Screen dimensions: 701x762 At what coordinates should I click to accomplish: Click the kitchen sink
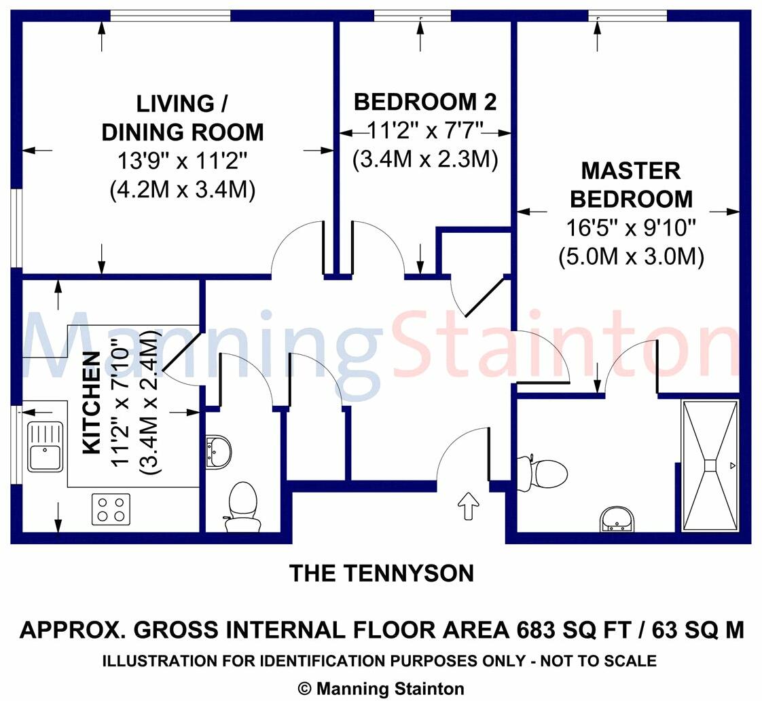(x=46, y=447)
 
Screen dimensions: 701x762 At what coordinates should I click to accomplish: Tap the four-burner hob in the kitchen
(x=111, y=509)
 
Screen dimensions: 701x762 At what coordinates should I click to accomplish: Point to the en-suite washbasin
(x=617, y=519)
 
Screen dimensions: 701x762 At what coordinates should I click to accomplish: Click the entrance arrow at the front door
(x=468, y=506)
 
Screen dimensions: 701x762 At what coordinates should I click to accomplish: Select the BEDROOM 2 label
(x=425, y=102)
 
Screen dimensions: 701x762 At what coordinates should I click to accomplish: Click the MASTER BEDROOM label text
(x=631, y=185)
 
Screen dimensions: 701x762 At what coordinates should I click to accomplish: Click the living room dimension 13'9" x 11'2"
(x=182, y=162)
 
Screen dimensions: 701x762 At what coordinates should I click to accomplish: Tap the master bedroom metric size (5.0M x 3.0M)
(x=631, y=257)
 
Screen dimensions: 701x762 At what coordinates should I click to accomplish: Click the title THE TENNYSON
(x=382, y=573)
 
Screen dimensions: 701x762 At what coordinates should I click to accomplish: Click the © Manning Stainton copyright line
(x=381, y=688)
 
